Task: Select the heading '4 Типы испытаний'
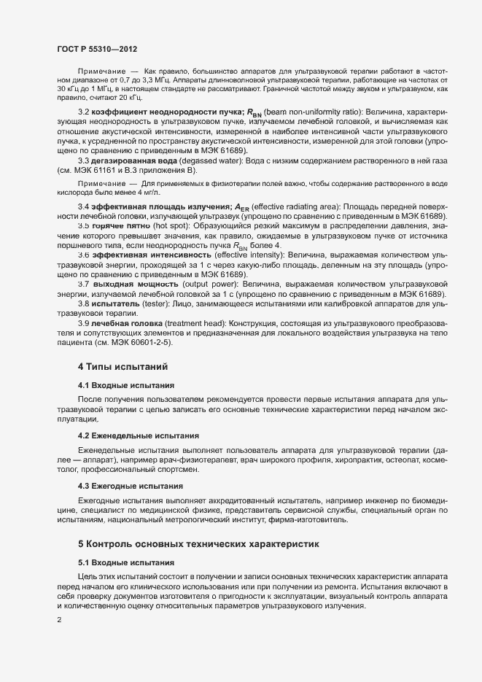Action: [x=125, y=364]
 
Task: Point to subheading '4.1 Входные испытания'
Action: [x=125, y=384]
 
